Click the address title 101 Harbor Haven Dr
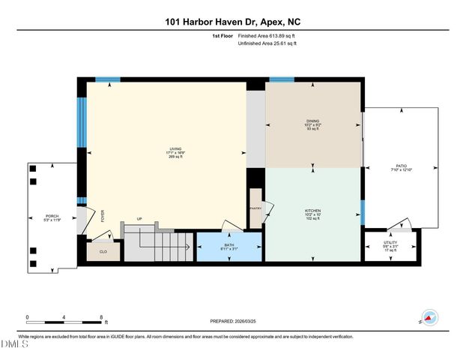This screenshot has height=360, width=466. pyautogui.click(x=233, y=23)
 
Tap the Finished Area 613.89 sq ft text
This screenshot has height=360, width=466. pyautogui.click(x=266, y=36)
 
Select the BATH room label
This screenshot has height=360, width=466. pyautogui.click(x=229, y=245)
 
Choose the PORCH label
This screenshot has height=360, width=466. pyautogui.click(x=52, y=216)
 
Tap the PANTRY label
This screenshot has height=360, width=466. pyautogui.click(x=255, y=210)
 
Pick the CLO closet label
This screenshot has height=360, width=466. pyautogui.click(x=103, y=251)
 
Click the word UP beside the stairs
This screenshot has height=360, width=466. pyautogui.click(x=139, y=219)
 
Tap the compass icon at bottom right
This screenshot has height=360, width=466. pyautogui.click(x=429, y=317)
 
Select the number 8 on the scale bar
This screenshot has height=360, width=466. pyautogui.click(x=100, y=316)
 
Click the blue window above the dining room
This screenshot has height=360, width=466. pyautogui.click(x=281, y=79)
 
